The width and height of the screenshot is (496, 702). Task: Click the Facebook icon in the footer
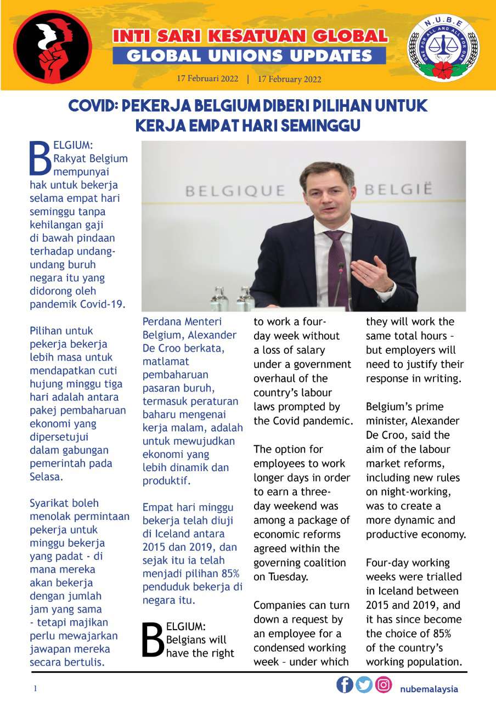345,685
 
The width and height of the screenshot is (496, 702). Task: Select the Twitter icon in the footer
364,685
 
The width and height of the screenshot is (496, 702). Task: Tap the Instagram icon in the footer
384,685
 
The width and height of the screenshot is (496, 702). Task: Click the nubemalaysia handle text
429,689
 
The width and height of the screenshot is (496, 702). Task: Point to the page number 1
35,689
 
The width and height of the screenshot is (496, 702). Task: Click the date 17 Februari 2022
207,78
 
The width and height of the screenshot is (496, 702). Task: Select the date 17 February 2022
289,78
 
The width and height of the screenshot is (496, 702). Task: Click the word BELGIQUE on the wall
235,191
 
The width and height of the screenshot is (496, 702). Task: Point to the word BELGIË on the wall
398,190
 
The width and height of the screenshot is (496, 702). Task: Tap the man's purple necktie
336,263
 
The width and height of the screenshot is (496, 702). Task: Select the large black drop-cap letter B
153,639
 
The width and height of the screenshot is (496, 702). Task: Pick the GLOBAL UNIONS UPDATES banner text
249,55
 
